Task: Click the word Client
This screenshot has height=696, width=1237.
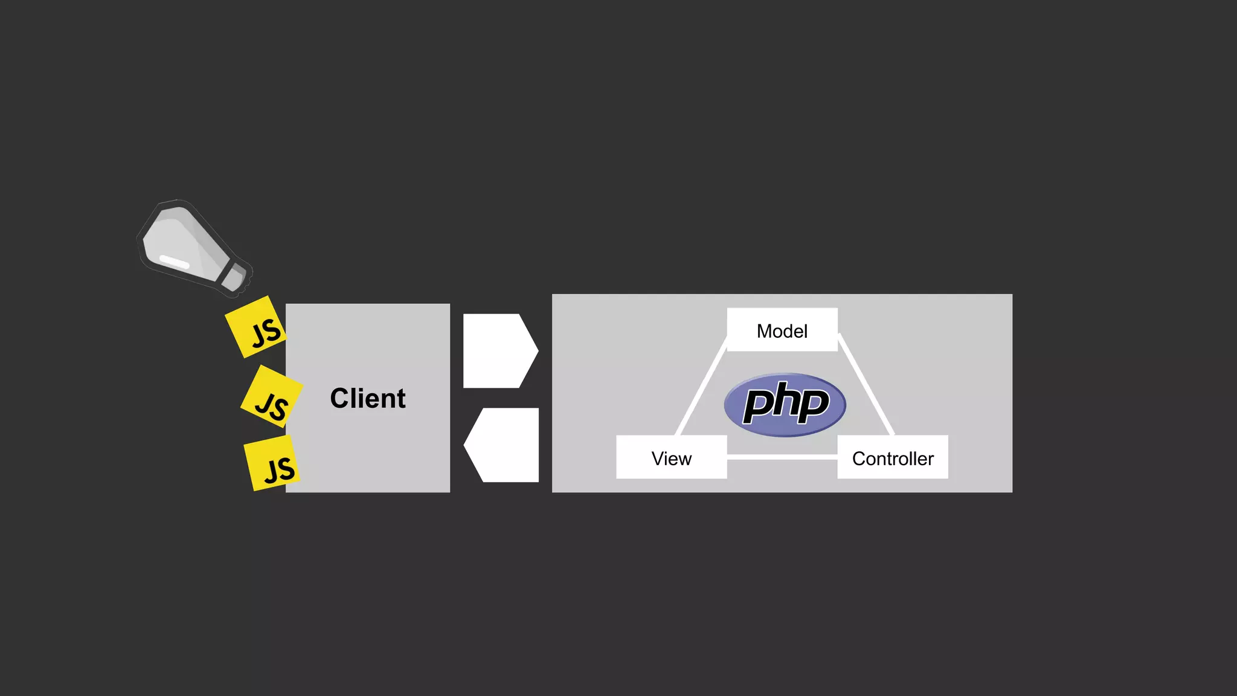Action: tap(368, 399)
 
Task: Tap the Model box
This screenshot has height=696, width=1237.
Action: tap(782, 330)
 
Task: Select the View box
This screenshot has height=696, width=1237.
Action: tap(671, 457)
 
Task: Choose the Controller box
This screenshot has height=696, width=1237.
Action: tap(892, 457)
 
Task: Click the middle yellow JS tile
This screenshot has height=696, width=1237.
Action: tap(271, 397)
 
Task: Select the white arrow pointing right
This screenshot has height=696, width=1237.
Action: tap(499, 350)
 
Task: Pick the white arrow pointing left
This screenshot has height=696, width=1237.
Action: tap(503, 445)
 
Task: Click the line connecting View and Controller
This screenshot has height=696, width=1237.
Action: tap(782, 457)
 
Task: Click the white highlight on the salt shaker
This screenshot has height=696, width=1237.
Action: tap(175, 262)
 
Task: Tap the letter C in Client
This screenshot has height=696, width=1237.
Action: tap(340, 399)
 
